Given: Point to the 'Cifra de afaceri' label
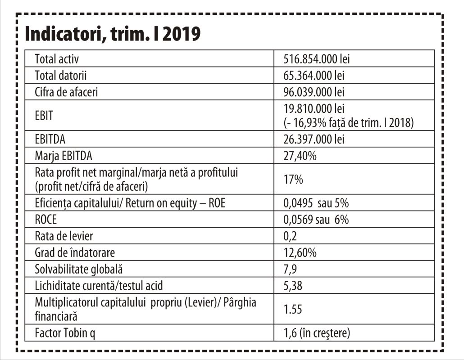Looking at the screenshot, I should [66, 92].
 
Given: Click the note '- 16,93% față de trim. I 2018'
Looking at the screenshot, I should [348, 122].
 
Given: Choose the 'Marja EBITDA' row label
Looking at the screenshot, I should [63, 156].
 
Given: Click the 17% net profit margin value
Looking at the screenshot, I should [293, 179].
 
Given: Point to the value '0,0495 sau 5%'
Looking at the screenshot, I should [316, 203].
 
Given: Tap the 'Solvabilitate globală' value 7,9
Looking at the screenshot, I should [291, 269].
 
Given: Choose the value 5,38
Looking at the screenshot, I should [293, 286].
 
